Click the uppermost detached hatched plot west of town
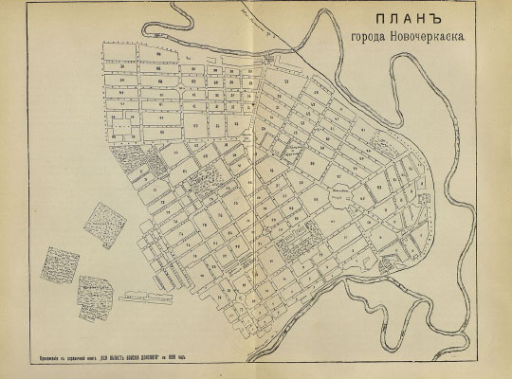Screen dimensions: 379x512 (x=105, y=220)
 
